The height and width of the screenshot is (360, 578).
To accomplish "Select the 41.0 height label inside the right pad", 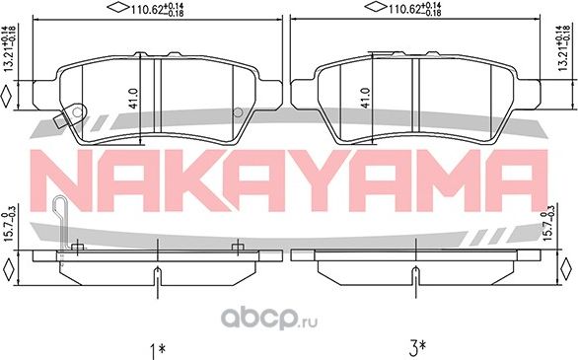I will pyautogui.click(x=367, y=98).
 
